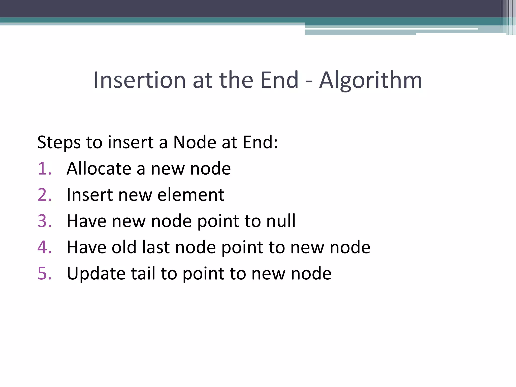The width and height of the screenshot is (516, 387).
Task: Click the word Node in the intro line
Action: [195, 142]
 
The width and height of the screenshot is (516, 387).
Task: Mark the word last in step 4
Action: [155, 247]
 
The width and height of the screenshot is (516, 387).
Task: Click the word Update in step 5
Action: [96, 274]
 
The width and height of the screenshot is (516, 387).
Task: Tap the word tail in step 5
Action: [143, 273]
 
